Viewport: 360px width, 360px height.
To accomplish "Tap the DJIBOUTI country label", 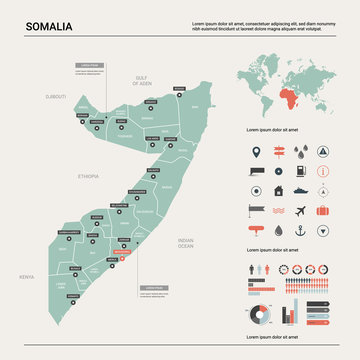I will (57, 97).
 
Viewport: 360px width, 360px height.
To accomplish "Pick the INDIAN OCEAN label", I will (185, 243).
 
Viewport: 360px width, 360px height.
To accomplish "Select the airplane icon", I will (302, 211).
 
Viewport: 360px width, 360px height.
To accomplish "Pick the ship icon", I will (302, 190).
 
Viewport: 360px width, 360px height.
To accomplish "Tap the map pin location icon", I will (258, 150).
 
